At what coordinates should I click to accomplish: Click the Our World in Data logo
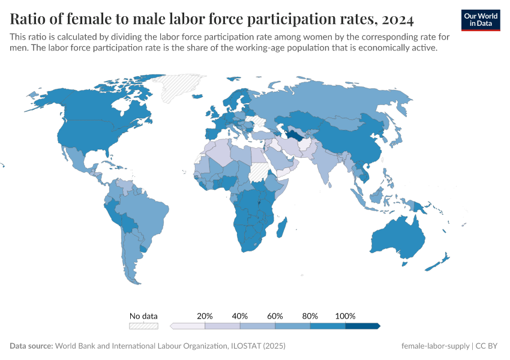click(481, 20)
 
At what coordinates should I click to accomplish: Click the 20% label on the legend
click(205, 316)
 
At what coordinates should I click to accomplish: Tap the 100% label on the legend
click(345, 316)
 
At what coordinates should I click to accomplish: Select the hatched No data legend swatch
click(143, 326)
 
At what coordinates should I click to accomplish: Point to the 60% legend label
click(275, 316)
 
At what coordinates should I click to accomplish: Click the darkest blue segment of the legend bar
click(362, 326)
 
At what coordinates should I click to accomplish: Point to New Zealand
click(443, 259)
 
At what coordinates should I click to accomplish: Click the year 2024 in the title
click(397, 20)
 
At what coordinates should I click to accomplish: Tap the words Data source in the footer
click(31, 346)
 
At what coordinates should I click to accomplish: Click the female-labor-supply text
click(436, 346)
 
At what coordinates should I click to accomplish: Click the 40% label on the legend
click(240, 316)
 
